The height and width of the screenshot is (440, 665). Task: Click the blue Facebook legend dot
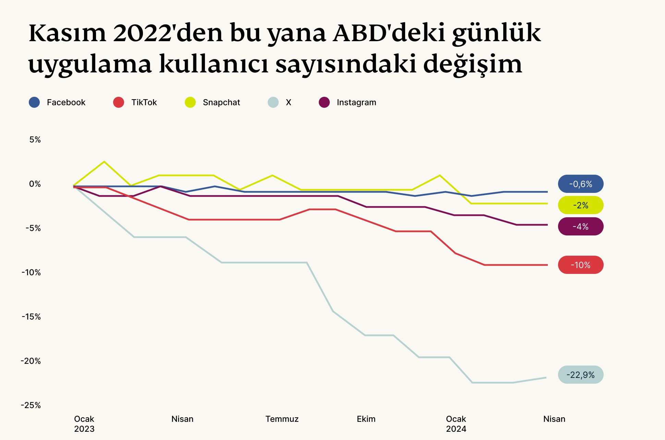[x=34, y=102]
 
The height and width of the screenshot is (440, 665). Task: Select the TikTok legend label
[x=144, y=102]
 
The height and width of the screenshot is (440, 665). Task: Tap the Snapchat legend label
[x=221, y=102]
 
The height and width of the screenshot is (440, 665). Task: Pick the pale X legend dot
[x=273, y=102]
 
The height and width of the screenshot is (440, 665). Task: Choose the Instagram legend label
[x=356, y=102]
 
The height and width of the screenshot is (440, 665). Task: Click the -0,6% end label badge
[x=581, y=184]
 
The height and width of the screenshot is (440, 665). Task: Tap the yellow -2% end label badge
[x=581, y=205]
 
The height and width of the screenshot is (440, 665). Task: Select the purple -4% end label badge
[x=581, y=227]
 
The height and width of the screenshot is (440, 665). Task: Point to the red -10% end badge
[x=581, y=265]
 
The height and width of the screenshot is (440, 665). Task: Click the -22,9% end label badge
[x=581, y=375]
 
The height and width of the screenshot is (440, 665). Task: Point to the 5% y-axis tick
[x=35, y=140]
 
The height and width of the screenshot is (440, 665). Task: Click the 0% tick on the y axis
[x=35, y=184]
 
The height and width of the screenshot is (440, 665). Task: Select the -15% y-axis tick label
[x=31, y=317]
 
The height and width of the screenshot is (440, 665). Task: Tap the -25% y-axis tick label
[x=31, y=405]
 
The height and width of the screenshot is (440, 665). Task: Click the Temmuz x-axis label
[x=282, y=419]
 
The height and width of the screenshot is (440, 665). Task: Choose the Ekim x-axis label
[x=366, y=419]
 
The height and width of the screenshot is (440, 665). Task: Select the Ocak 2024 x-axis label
[x=456, y=424]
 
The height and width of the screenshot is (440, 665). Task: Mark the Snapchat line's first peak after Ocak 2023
[x=104, y=162]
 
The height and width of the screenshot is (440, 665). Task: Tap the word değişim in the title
[x=473, y=64]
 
